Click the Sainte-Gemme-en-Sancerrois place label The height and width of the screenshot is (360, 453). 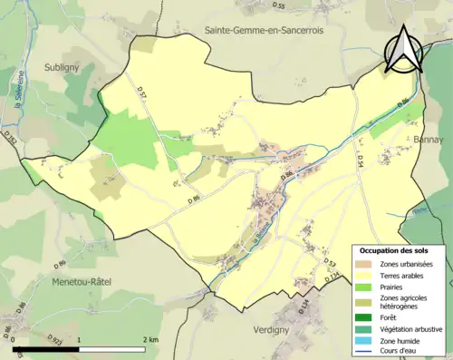coord(264,30)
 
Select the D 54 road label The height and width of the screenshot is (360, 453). coord(360,160)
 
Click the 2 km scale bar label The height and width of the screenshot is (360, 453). coord(149,338)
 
